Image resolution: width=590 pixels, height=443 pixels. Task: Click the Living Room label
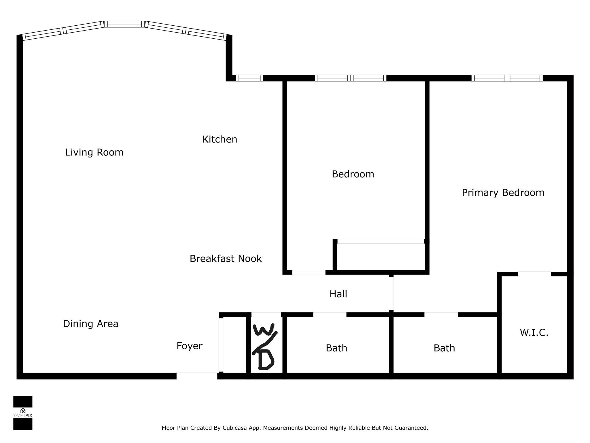[94, 152]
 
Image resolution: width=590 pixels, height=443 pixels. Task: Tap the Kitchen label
[220, 140]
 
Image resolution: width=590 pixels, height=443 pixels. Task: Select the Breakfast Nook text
[226, 259]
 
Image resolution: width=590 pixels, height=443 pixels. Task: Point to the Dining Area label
[90, 324]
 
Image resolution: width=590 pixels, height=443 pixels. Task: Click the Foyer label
[189, 346]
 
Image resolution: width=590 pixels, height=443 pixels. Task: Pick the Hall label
[338, 294]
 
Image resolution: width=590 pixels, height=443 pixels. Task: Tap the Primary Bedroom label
[503, 193]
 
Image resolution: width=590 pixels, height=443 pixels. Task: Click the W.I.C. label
[534, 333]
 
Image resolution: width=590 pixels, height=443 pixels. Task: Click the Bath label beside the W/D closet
[336, 348]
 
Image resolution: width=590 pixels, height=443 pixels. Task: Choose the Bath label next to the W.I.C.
[444, 348]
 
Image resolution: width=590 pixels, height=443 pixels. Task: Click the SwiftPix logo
[23, 413]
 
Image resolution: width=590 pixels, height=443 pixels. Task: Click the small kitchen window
[249, 78]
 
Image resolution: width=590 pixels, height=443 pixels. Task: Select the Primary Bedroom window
[507, 78]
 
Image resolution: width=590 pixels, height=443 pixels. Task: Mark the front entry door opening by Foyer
[197, 376]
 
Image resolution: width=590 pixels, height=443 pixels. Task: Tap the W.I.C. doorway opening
[534, 274]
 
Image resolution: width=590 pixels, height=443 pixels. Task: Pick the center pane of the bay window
[124, 24]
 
